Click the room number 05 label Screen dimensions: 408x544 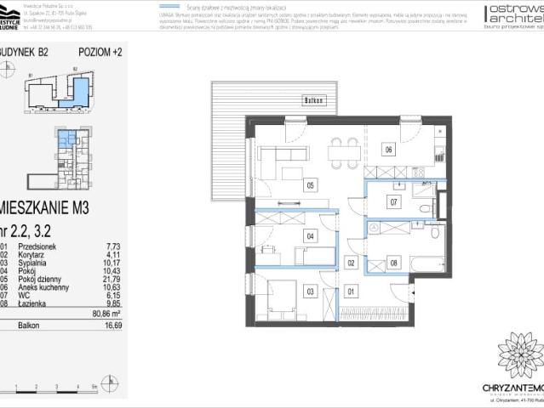[311, 184]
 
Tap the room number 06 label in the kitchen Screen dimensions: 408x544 [388, 150]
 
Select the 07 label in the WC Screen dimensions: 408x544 [393, 202]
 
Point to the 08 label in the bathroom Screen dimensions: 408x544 [393, 263]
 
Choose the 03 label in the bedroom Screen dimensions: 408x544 [311, 292]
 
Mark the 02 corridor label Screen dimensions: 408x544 [351, 263]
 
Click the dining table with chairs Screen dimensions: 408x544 [344, 155]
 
